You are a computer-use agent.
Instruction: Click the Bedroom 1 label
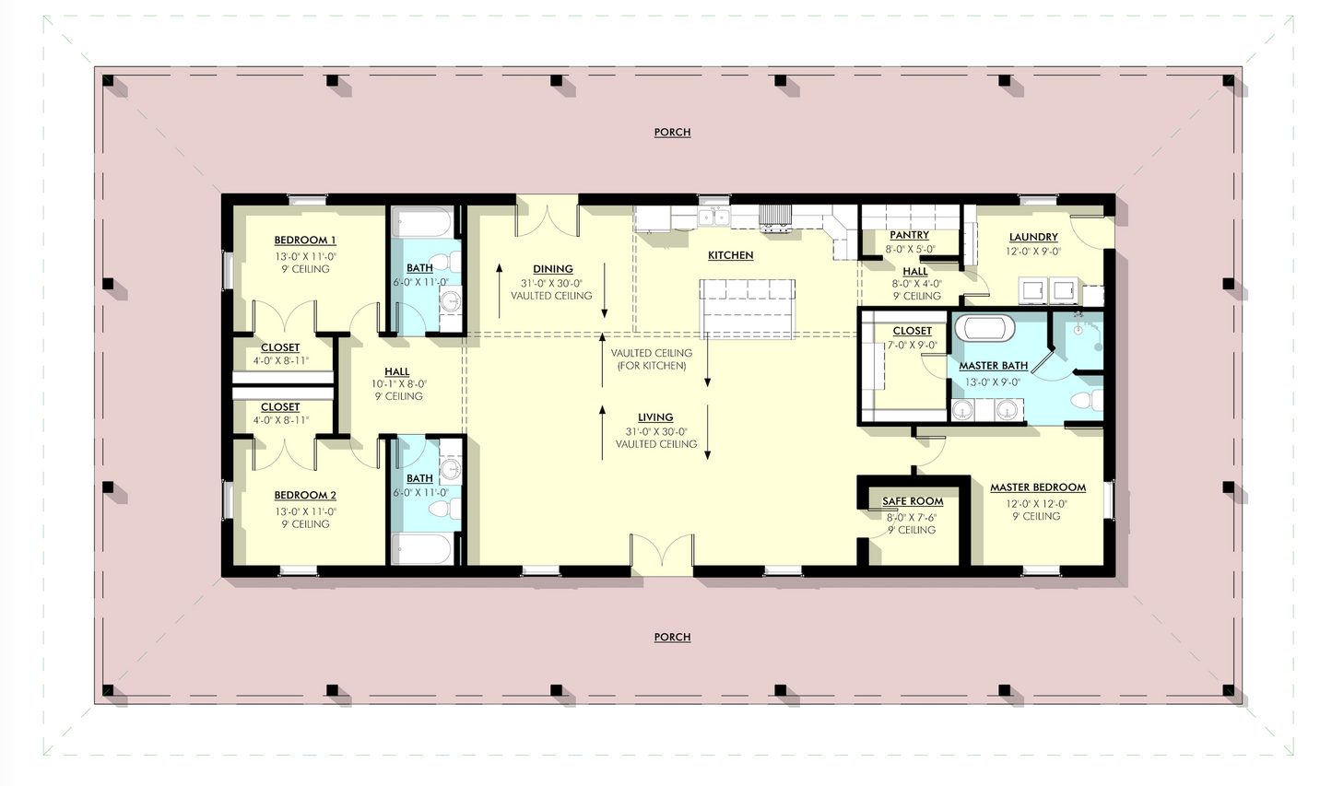coord(304,240)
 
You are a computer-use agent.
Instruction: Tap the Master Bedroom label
coord(1037,487)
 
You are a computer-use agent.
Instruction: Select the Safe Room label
coord(913,501)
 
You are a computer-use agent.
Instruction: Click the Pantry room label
coord(909,235)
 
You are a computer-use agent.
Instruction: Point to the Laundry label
coord(1032,237)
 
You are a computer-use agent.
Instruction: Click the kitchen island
coord(748,309)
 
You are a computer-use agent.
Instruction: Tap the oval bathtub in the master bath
coord(984,328)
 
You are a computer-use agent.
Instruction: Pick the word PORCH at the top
coord(672,133)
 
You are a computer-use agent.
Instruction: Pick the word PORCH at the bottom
coord(672,638)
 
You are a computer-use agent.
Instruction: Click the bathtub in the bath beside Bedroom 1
coord(422,222)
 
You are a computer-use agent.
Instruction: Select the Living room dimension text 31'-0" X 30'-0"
coord(656,431)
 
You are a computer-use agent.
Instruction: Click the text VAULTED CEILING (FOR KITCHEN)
coord(653,359)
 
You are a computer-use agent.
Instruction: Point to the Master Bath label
coord(993,366)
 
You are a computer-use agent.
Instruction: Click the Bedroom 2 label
coord(304,496)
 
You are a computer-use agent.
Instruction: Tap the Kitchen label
coord(730,255)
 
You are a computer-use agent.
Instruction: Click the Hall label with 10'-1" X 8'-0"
coord(397,372)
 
